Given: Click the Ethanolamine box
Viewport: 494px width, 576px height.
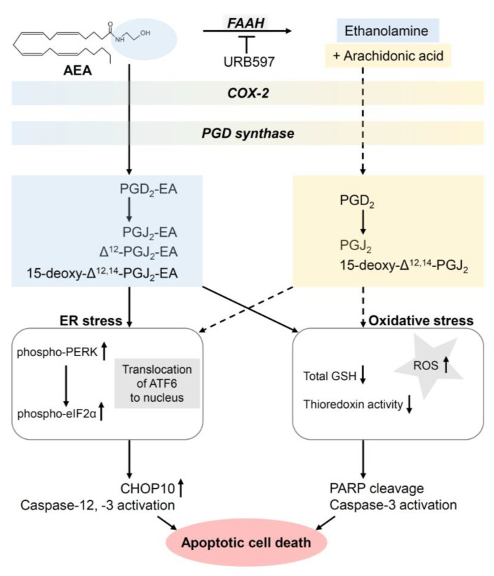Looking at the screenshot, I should coord(387,30).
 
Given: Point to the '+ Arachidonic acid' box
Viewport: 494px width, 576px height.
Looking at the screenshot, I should coord(387,56).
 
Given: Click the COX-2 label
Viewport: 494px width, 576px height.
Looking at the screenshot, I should coord(246,92).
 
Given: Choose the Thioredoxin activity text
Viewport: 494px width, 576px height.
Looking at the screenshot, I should coord(352,405).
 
